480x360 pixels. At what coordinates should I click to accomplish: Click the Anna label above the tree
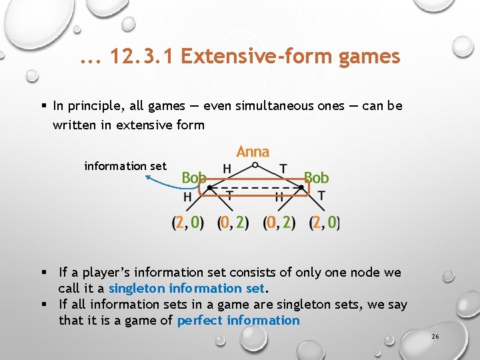(253, 152)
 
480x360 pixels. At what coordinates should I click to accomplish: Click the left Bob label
(194, 177)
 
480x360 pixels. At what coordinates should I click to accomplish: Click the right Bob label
(316, 177)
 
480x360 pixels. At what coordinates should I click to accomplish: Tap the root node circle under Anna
(255, 164)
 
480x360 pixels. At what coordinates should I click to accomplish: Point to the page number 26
(435, 337)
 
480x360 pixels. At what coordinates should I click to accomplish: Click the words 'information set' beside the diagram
(125, 166)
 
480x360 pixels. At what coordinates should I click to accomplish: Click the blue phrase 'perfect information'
(238, 321)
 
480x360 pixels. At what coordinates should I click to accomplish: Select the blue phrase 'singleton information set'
(187, 289)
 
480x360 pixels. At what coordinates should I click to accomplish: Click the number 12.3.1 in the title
(141, 57)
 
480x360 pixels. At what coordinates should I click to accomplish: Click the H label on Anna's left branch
(227, 169)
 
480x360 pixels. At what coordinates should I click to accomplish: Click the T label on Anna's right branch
(283, 169)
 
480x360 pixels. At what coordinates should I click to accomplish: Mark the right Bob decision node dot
(302, 189)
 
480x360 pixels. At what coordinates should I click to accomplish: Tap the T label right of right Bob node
(321, 196)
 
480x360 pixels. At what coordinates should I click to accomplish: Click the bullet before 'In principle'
(43, 106)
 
